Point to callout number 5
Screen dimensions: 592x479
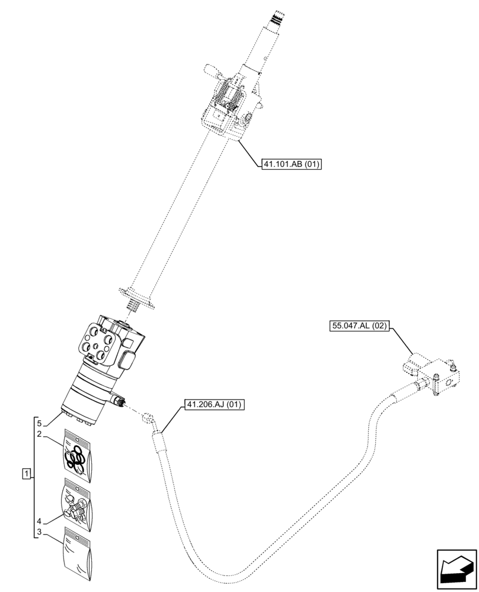(39, 424)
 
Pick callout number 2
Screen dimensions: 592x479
(39, 435)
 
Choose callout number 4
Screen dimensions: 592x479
(39, 522)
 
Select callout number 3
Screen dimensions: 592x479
(39, 533)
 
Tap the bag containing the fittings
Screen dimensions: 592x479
(78, 504)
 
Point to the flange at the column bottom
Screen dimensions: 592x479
(138, 295)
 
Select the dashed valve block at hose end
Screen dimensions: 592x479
(436, 375)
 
